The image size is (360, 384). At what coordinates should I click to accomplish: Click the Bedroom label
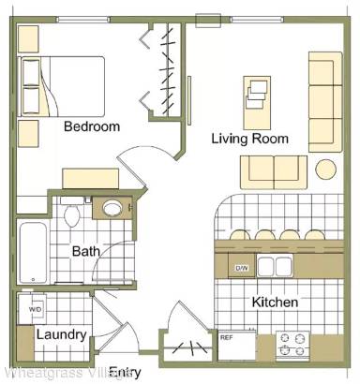[x=92, y=126]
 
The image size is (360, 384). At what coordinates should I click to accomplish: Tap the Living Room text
[x=249, y=139]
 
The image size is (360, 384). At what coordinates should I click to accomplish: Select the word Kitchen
[x=275, y=303]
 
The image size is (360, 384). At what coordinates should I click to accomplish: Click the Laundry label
[x=62, y=334]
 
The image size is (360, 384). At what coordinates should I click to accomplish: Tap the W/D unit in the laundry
[x=35, y=308]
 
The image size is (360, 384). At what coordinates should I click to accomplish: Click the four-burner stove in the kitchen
[x=294, y=346]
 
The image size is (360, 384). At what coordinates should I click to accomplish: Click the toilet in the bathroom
[x=71, y=214]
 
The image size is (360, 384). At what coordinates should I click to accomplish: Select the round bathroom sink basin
[x=112, y=208]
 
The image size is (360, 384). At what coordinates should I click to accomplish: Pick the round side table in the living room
[x=326, y=169]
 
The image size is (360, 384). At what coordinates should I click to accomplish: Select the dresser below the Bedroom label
[x=90, y=178]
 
